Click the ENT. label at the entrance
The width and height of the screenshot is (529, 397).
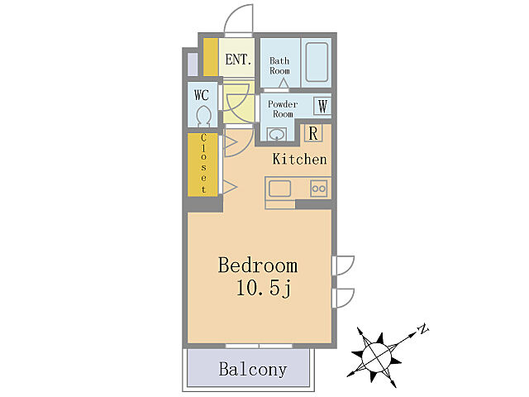[238, 60]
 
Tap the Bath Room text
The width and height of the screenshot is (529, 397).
[279, 66]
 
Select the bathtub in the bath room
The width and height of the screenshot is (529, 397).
[317, 62]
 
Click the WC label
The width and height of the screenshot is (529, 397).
[202, 95]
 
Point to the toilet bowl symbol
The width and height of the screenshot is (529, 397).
[203, 117]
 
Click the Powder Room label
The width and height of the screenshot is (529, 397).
[283, 108]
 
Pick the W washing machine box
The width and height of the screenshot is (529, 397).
[322, 106]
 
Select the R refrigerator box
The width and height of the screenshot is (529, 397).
[313, 133]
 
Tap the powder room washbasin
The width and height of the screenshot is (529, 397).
[277, 134]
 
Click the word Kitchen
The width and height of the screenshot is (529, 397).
[299, 160]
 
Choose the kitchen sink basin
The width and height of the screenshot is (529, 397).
[279, 189]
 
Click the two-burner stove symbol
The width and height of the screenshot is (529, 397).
[318, 189]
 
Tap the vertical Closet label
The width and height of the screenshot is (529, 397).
[203, 164]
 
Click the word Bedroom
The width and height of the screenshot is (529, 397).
[258, 265]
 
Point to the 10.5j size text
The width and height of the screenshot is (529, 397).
[264, 289]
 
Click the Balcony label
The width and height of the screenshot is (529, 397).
[253, 369]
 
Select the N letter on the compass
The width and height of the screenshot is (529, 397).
[422, 328]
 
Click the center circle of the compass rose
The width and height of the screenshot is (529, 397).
[377, 356]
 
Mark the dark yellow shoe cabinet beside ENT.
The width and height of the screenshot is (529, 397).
[211, 57]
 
